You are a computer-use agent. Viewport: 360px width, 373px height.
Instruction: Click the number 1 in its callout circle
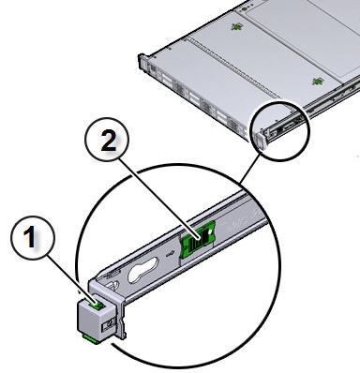pyautogui.click(x=30, y=236)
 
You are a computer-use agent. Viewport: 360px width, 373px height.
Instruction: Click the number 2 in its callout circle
pyautogui.click(x=109, y=140)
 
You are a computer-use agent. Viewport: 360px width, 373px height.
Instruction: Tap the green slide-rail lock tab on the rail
pyautogui.click(x=198, y=240)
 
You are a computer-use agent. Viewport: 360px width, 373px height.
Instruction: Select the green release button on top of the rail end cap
pyautogui.click(x=97, y=304)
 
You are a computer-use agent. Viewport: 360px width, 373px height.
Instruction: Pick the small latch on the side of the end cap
pyautogui.click(x=108, y=324)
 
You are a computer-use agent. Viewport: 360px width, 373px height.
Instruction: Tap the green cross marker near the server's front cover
pyautogui.click(x=236, y=27)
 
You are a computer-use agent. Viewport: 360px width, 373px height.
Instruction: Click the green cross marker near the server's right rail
pyautogui.click(x=317, y=82)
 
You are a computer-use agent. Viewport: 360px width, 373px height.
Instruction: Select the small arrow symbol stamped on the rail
pyautogui.click(x=170, y=253)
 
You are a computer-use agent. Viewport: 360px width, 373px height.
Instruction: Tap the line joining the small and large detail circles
pyautogui.click(x=249, y=169)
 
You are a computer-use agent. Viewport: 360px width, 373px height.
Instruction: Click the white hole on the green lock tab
pyautogui.click(x=211, y=231)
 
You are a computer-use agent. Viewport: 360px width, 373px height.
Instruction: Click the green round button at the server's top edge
pyautogui.click(x=246, y=9)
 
